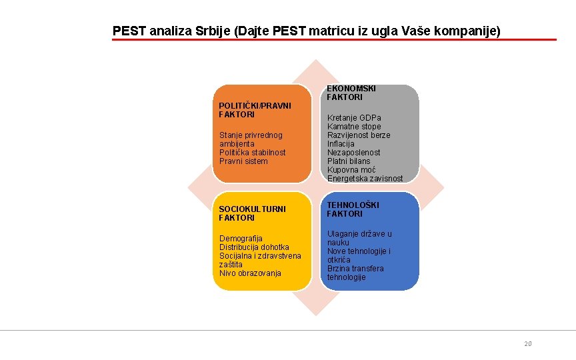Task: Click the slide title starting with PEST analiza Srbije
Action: click(x=306, y=31)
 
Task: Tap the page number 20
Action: click(x=528, y=343)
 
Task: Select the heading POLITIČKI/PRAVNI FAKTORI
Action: click(x=255, y=110)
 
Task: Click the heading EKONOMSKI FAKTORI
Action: click(x=351, y=93)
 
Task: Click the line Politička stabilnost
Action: click(x=252, y=153)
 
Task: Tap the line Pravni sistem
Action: click(x=243, y=161)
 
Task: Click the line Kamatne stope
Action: click(x=354, y=127)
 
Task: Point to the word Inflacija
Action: click(x=341, y=144)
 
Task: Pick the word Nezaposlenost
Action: click(x=353, y=153)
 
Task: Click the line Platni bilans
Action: click(x=349, y=161)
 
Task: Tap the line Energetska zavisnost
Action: click(x=365, y=179)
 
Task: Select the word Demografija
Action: click(x=241, y=239)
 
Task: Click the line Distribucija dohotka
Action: click(x=254, y=247)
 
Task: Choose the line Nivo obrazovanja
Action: click(x=250, y=273)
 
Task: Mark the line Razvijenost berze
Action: click(x=359, y=135)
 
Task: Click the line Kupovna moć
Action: click(x=349, y=170)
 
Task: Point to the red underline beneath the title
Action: click(x=333, y=40)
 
